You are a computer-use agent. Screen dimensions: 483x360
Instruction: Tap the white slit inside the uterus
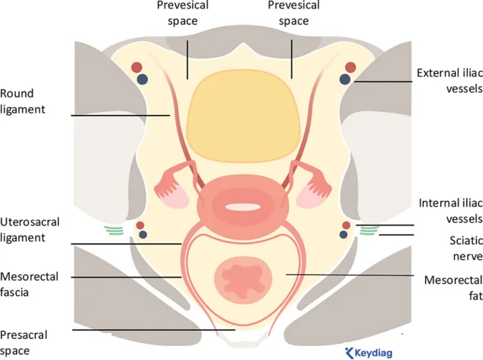pos(243,207)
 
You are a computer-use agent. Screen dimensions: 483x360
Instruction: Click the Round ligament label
pos(17,101)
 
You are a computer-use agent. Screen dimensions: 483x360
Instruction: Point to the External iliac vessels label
pos(449,80)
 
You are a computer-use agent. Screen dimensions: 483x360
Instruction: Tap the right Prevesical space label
pos(294,13)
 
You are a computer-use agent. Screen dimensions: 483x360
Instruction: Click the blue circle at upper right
pos(346,80)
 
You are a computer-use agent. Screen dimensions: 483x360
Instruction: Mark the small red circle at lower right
pos(345,225)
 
